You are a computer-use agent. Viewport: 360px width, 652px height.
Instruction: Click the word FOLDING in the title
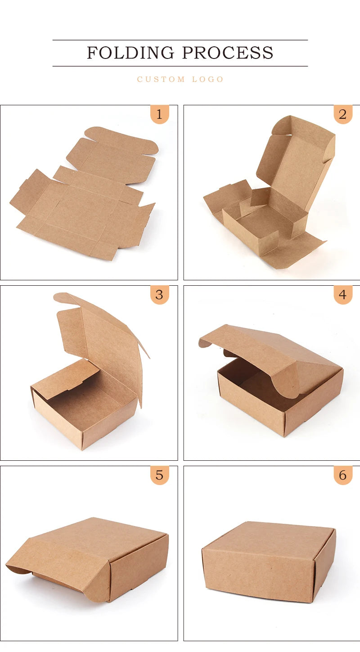click(130, 53)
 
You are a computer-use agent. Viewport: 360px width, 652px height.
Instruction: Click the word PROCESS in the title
click(228, 53)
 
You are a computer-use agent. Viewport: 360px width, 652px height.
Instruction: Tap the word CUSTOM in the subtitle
click(161, 79)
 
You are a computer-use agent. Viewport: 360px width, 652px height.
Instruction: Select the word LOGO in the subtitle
click(208, 79)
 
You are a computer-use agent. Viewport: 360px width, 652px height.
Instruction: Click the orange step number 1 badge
click(159, 114)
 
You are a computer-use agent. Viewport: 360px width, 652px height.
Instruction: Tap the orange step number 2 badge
click(343, 114)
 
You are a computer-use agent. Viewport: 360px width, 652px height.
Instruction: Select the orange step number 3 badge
click(159, 295)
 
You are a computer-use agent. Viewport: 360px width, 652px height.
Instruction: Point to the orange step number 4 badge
click(343, 295)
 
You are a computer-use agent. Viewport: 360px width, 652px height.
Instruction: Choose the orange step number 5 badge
click(159, 475)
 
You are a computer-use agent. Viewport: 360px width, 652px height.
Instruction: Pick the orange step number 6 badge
click(343, 475)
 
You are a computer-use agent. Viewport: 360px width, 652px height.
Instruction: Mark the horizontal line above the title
click(180, 40)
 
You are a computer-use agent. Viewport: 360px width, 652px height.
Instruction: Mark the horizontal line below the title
click(180, 66)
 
